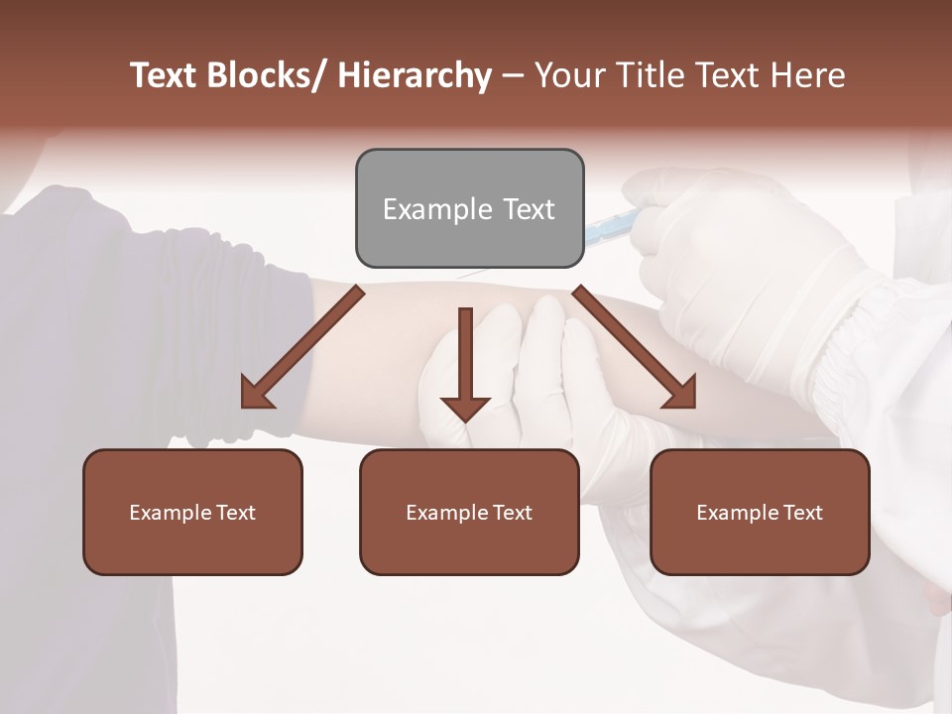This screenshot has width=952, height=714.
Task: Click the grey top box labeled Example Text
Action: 469,208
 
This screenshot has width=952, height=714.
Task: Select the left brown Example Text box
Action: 192,512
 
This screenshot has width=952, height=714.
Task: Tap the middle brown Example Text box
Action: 469,512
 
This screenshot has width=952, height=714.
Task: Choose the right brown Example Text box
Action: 760,512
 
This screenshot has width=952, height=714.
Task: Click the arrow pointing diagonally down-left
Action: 302,347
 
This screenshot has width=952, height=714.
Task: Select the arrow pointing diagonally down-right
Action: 635,347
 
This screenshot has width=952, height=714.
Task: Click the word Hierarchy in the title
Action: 415,75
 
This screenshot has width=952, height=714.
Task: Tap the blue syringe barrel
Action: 607,231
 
